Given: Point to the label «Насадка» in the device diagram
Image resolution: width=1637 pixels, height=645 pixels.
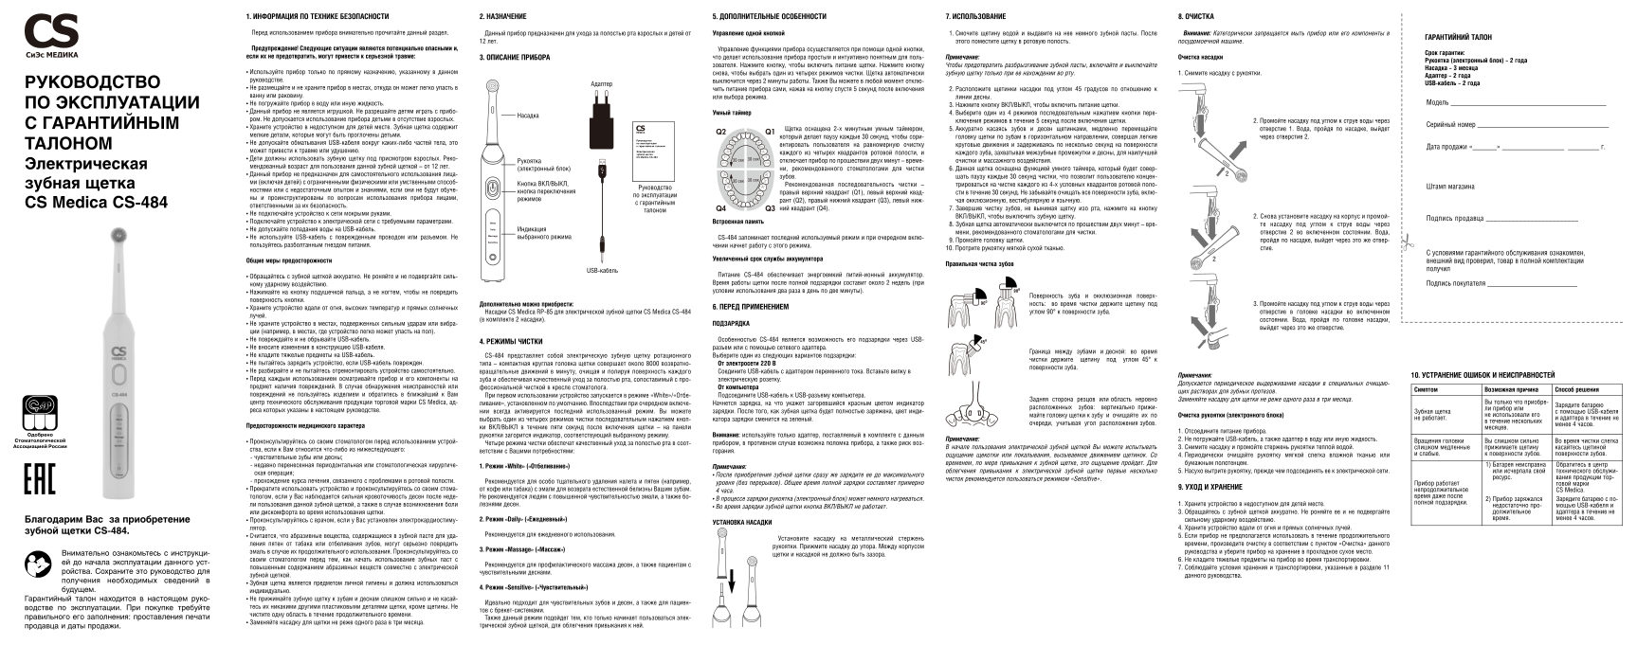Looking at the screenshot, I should coord(528,116).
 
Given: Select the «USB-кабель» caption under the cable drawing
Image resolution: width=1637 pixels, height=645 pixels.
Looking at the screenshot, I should coord(602,270).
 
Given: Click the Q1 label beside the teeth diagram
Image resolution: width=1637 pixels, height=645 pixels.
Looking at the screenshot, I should coord(770,131).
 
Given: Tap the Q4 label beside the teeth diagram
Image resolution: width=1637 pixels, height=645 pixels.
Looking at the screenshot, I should coord(721,207).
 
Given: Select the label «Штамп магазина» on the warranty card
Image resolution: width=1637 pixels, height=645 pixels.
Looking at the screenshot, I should coord(1450,187).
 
